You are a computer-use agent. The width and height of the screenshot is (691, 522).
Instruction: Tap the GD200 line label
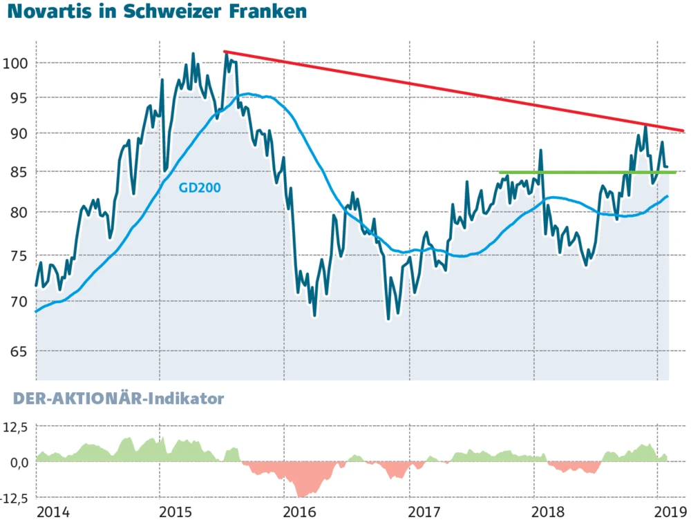200,186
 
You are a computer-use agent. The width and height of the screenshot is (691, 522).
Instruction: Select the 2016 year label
300,512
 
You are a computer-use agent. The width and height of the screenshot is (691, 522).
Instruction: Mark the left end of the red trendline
224,51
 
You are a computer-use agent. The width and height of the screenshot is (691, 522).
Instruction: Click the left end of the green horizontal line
499,172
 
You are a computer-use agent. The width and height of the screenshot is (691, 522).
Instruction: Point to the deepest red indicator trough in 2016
300,496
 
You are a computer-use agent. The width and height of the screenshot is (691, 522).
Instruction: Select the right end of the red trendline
683,130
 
